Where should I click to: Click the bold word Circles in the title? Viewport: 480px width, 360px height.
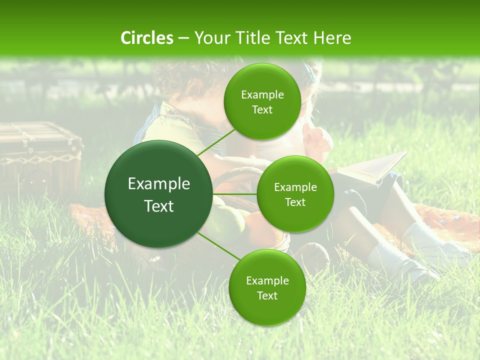pyautogui.click(x=146, y=38)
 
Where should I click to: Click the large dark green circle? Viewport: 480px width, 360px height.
pyautogui.click(x=159, y=194)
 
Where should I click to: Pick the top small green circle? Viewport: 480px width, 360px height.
pyautogui.click(x=262, y=101)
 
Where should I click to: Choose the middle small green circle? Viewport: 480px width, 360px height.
pyautogui.click(x=295, y=194)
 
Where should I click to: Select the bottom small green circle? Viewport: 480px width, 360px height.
pyautogui.click(x=267, y=287)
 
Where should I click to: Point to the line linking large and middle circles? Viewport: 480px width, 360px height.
pyautogui.click(x=234, y=194)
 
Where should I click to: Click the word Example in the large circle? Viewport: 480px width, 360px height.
pyautogui.click(x=159, y=184)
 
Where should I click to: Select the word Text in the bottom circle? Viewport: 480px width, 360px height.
pyautogui.click(x=267, y=295)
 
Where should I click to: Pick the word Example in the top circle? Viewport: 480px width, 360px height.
pyautogui.click(x=262, y=94)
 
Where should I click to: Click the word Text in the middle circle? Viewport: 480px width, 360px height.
pyautogui.click(x=295, y=202)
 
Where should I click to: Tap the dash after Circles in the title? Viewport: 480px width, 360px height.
pyautogui.click(x=183, y=38)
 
